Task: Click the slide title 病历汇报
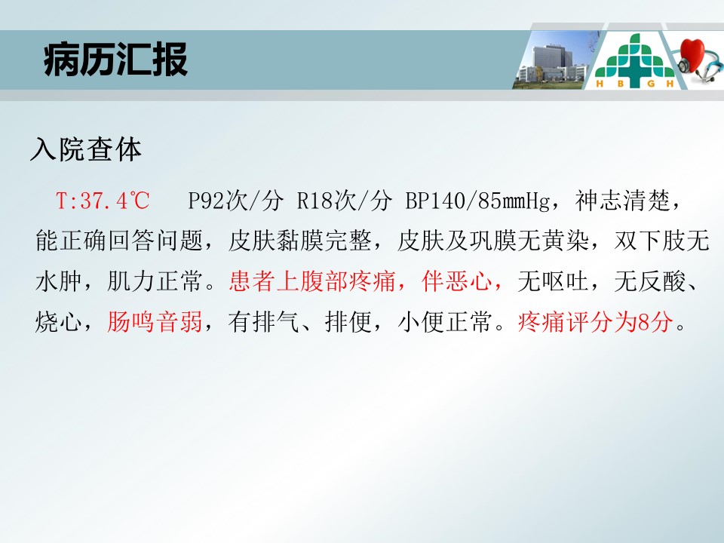click(115, 59)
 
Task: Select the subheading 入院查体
click(86, 149)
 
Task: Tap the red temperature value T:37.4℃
click(103, 201)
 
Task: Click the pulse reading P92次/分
click(235, 201)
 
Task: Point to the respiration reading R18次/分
click(344, 201)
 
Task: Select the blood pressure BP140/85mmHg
click(478, 201)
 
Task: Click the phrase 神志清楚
click(622, 201)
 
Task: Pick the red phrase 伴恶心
click(457, 281)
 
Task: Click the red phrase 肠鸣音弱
click(155, 321)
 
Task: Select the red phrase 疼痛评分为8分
click(595, 321)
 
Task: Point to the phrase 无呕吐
click(553, 281)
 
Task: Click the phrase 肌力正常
click(155, 281)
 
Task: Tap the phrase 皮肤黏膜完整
click(299, 241)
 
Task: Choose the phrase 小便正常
click(445, 321)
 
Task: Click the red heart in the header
click(692, 54)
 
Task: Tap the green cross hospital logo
click(634, 60)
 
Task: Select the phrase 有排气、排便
click(299, 321)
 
